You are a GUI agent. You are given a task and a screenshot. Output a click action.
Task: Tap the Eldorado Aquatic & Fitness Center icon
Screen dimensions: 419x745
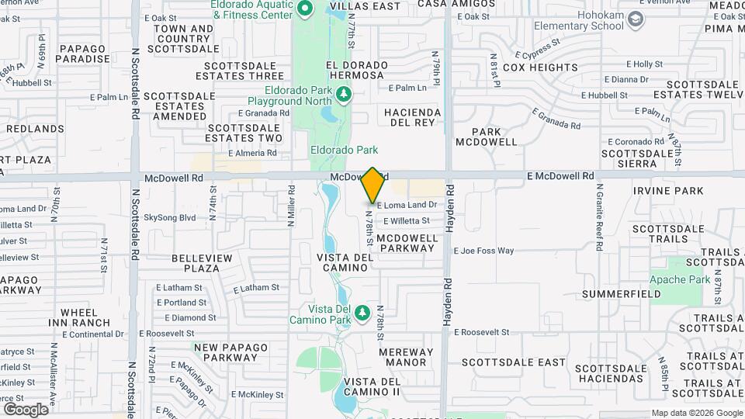point(305,9)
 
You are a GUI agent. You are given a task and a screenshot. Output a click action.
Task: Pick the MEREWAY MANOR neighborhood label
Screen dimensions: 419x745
point(406,357)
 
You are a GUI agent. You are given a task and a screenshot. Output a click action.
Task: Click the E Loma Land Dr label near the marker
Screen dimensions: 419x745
point(407,206)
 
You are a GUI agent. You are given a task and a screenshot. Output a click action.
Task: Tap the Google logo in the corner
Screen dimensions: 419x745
point(26,409)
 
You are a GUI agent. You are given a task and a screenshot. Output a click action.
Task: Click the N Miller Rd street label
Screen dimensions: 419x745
point(293,206)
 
